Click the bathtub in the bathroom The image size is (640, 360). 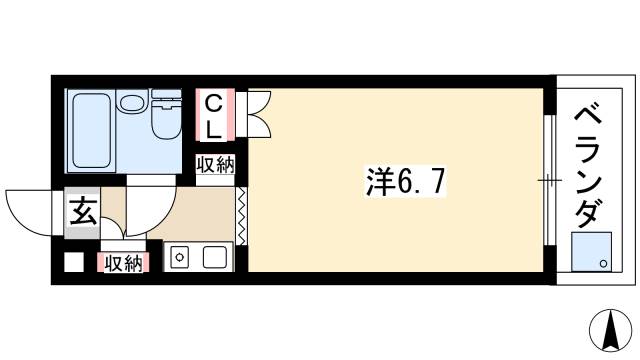91,131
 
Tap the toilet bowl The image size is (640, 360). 166,123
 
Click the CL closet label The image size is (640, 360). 214,116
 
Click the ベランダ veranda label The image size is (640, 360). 589,166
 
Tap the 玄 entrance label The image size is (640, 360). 83,211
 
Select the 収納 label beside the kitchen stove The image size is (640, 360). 123,263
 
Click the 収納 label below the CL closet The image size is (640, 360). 216,165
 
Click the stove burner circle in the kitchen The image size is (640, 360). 179,257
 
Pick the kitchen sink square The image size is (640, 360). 214,257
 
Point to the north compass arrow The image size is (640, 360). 611,330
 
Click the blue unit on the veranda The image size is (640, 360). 591,252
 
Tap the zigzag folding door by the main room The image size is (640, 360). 241,216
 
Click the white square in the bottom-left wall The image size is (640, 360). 74,262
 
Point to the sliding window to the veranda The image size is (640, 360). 550,180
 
